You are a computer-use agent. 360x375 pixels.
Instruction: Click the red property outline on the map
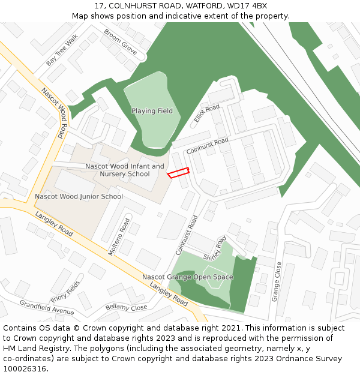click(178, 173)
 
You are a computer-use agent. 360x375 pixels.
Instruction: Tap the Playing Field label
click(152, 111)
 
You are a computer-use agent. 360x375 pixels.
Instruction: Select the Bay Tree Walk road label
click(62, 50)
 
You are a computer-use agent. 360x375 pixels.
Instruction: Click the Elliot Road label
click(207, 113)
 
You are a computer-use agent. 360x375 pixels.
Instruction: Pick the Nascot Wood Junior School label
click(79, 197)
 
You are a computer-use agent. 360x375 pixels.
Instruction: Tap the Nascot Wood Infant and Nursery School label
click(125, 170)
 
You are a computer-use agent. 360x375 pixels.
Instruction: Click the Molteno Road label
click(119, 237)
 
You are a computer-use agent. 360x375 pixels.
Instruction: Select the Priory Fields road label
click(65, 291)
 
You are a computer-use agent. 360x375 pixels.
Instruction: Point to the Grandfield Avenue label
click(47, 307)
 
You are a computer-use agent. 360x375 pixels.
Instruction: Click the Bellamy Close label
click(126, 307)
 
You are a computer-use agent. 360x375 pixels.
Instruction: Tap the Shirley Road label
click(215, 248)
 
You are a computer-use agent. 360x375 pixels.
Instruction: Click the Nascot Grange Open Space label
click(188, 277)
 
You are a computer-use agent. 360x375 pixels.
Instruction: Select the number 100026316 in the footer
click(25, 369)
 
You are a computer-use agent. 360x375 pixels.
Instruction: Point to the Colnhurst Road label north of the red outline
click(208, 146)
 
